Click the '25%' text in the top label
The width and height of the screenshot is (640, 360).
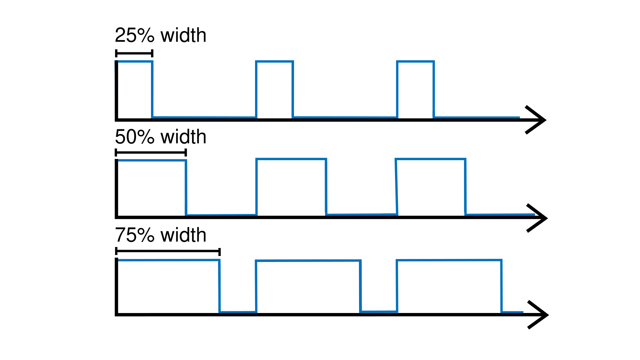pos(135,35)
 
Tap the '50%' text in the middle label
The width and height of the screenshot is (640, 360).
pos(135,137)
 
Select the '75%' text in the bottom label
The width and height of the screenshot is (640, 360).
pos(135,235)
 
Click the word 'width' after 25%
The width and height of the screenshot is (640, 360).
pos(183,35)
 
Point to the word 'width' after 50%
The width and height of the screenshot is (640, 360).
pos(183,137)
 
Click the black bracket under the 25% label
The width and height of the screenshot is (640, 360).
pos(134,53)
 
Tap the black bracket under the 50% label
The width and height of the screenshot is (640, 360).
pos(151,153)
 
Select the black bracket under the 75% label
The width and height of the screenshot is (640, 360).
pos(168,251)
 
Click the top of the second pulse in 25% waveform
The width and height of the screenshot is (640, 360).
pos(274,61)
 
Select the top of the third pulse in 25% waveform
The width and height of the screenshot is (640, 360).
pos(415,61)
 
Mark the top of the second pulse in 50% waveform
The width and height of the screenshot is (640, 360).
pos(291,159)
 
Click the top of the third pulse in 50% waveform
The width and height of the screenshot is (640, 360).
pos(430,159)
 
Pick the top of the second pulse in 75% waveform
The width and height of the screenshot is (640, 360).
pos(308,261)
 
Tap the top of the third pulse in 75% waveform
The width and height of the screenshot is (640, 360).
pos(449,260)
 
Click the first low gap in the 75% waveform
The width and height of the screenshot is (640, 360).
pos(238,312)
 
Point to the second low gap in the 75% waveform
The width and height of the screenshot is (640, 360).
pos(379,312)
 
